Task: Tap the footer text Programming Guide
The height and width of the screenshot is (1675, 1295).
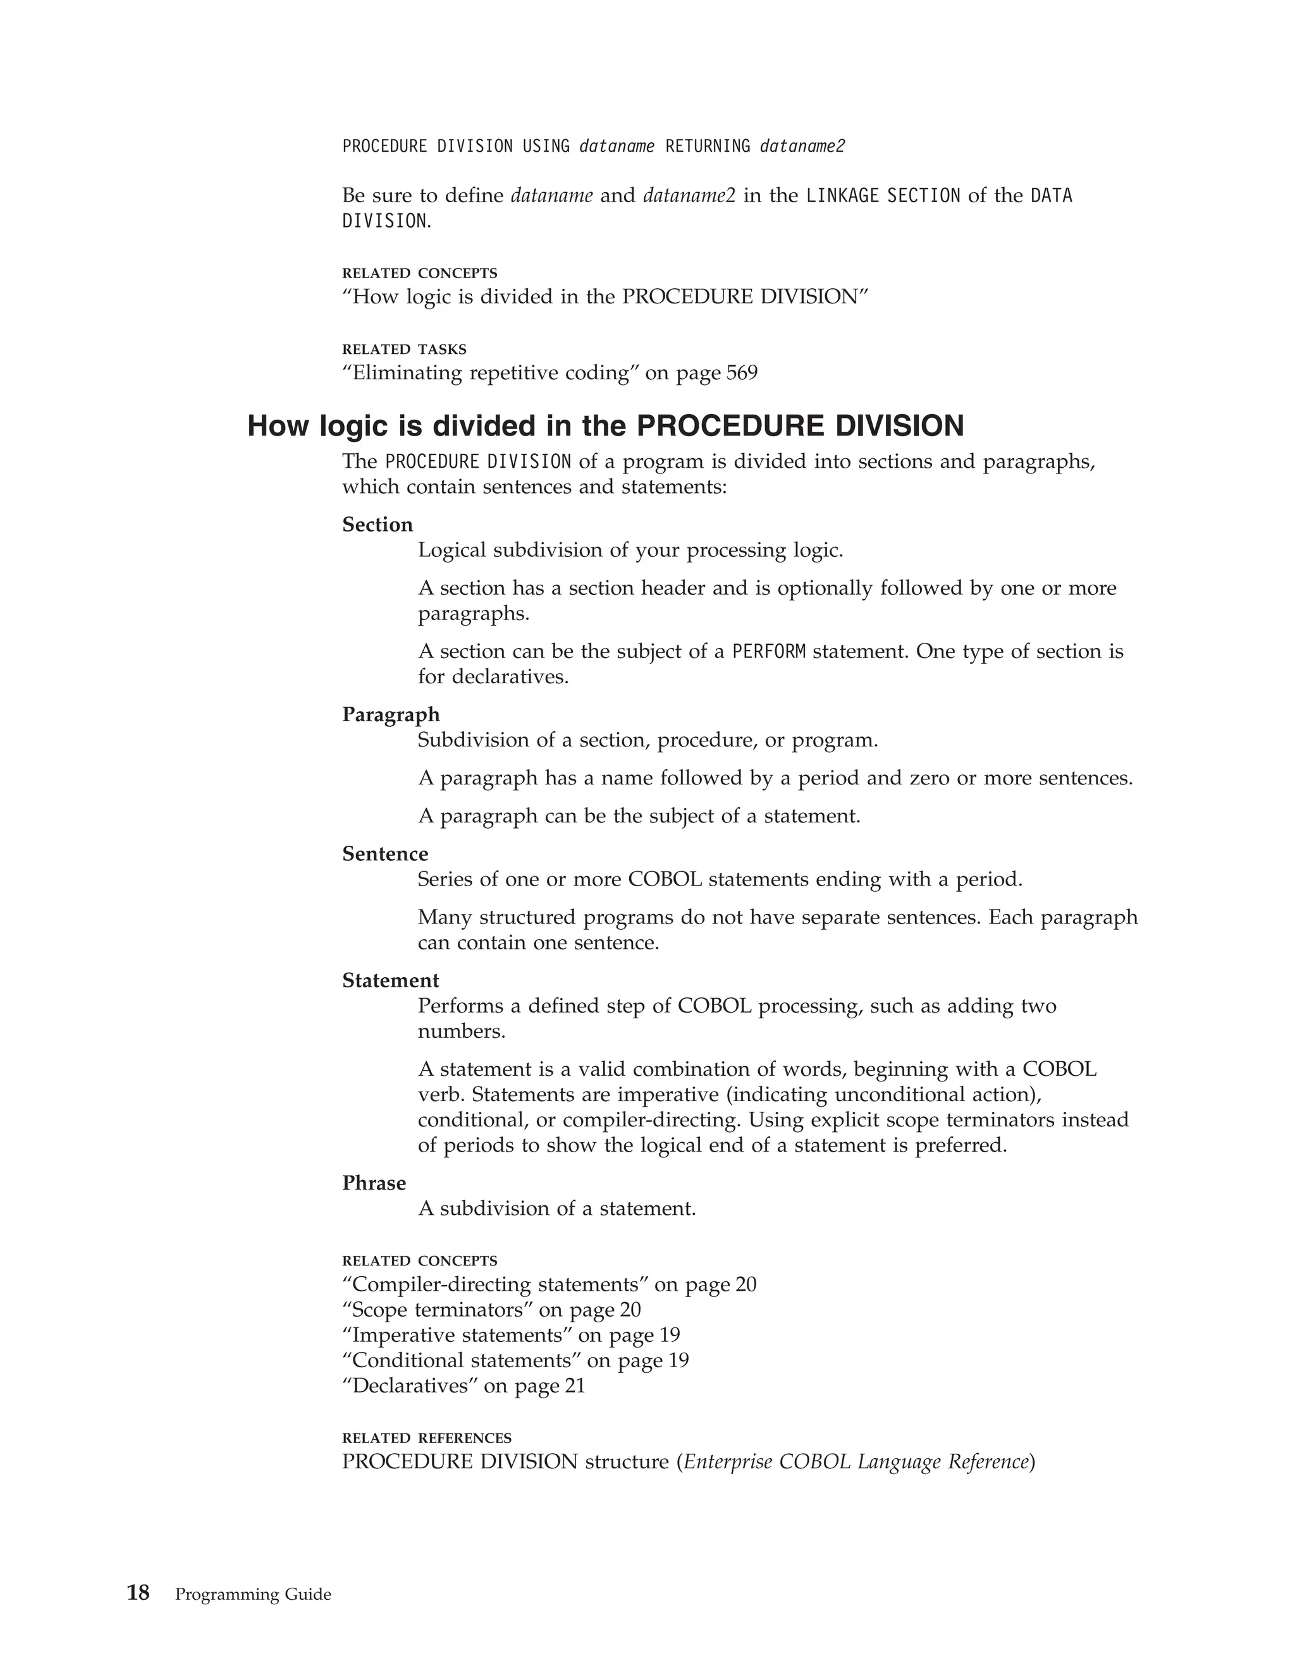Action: point(253,1595)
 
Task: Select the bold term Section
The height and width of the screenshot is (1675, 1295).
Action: point(377,525)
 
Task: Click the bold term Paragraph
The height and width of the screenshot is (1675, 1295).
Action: point(391,715)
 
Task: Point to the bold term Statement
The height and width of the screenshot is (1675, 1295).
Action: point(391,980)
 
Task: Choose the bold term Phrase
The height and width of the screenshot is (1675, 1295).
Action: point(374,1183)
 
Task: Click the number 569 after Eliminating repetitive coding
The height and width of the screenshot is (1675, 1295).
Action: point(742,374)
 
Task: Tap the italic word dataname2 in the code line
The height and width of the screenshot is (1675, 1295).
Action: point(802,147)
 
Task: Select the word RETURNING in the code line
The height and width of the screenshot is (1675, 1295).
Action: point(708,147)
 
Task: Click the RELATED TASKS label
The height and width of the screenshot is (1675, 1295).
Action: point(404,350)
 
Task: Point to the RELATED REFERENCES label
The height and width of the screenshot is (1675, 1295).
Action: point(427,1438)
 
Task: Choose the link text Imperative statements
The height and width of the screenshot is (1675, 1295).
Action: point(457,1335)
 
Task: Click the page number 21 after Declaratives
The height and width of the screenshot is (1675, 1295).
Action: point(575,1386)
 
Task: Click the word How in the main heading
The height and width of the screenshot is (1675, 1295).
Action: point(279,427)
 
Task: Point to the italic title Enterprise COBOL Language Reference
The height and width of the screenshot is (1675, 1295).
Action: point(856,1462)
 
